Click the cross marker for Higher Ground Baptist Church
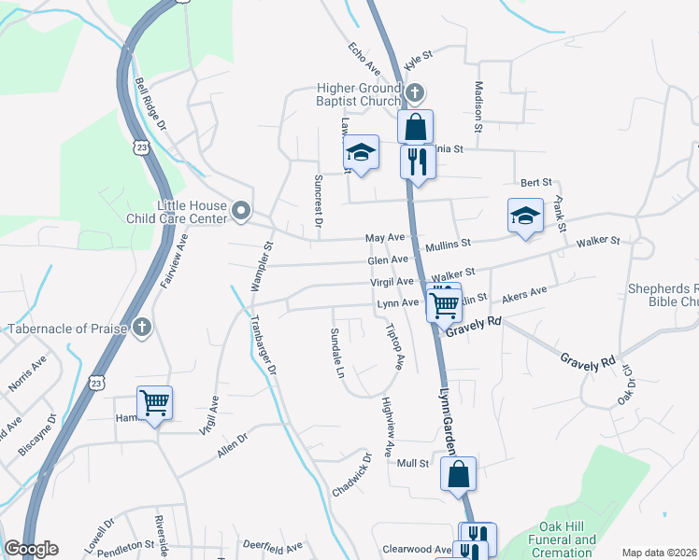tap(416, 93)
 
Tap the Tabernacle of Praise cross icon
tap(141, 327)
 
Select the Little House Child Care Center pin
tap(241, 211)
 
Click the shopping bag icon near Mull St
tap(458, 473)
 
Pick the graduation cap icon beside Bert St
tap(525, 215)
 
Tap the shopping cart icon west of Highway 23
tap(154, 403)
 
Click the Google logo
tap(31, 549)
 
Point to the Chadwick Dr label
tap(353, 476)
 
